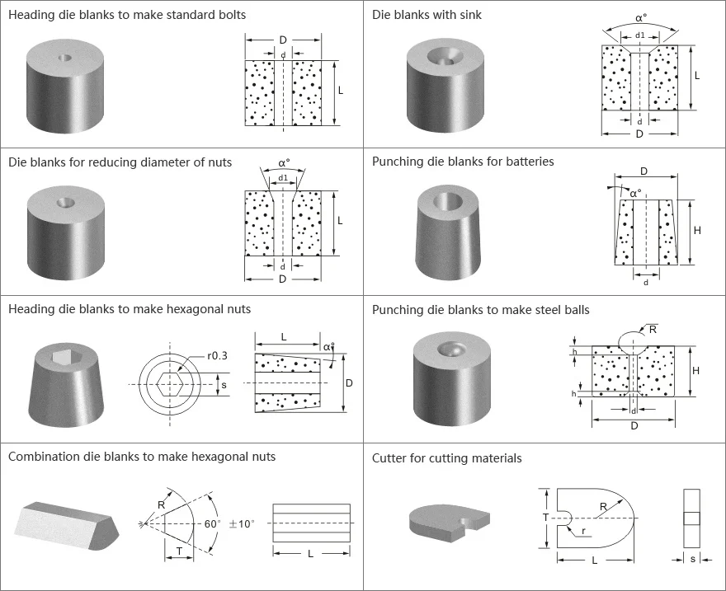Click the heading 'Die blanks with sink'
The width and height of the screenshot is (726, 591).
coord(427,15)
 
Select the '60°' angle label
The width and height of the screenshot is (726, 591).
coord(211,523)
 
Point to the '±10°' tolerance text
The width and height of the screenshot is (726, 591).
coord(243,523)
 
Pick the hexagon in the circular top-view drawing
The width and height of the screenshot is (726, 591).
coord(171,384)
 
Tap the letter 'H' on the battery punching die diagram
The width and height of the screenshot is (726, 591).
coord(697,231)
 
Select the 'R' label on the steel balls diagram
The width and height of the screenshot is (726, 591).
coord(654,328)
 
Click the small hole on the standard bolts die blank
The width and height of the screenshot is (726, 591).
coord(64,59)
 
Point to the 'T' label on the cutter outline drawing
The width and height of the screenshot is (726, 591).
coord(544,517)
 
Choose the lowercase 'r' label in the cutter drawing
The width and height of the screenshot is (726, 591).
coord(584,532)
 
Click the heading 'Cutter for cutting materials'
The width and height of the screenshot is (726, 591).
coord(446,458)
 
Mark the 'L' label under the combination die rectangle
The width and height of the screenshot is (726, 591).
coord(310,554)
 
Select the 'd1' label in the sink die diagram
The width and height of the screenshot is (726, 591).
coord(639,35)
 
